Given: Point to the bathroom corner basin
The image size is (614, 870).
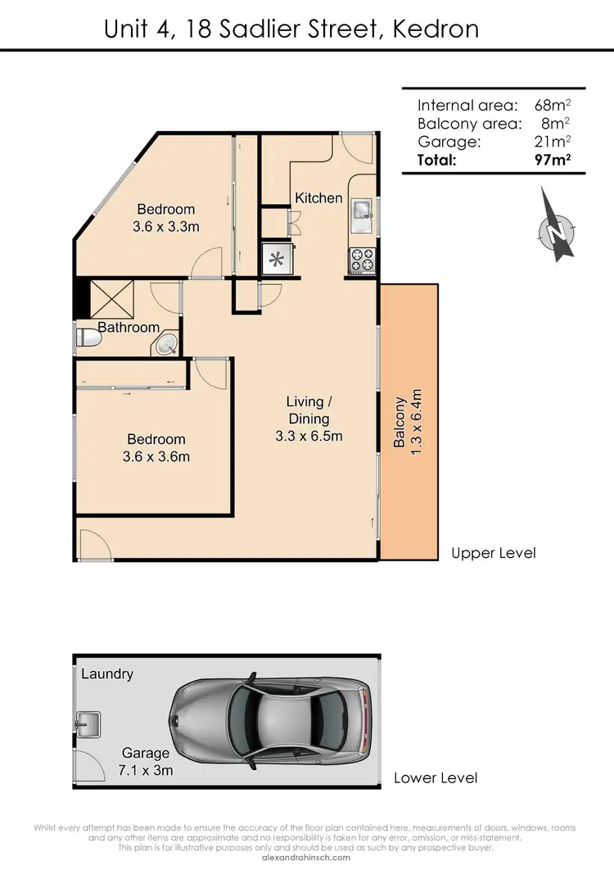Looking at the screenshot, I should [x=168, y=343].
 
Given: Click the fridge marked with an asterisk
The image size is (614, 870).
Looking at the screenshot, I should [x=277, y=261].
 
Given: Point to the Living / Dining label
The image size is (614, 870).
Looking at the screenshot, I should [x=309, y=419].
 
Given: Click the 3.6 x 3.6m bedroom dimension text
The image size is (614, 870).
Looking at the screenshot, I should [x=156, y=456].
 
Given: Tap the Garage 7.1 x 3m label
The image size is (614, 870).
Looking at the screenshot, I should [x=146, y=762].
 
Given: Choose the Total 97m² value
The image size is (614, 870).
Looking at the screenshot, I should [x=552, y=160].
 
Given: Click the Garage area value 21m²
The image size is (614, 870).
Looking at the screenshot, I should [x=552, y=142].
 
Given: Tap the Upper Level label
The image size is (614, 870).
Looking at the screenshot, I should [x=494, y=553].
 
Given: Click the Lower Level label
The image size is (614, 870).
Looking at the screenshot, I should [x=436, y=777].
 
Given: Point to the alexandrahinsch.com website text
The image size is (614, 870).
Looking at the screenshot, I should [x=307, y=858].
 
